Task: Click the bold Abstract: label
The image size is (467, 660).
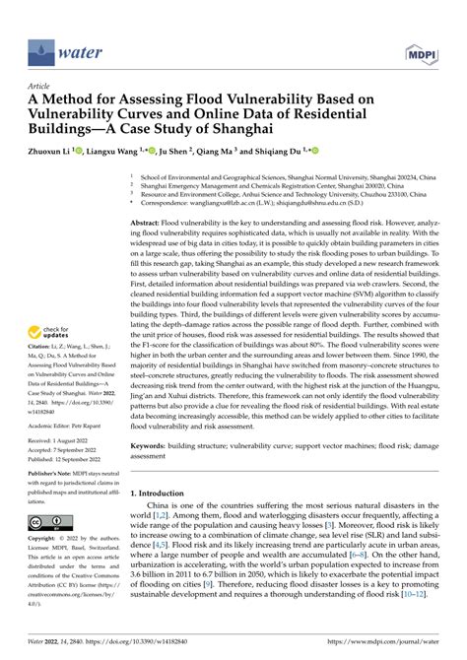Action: (149, 225)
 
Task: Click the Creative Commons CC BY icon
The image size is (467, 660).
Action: (46, 521)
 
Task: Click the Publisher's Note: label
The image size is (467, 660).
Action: (50, 474)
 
